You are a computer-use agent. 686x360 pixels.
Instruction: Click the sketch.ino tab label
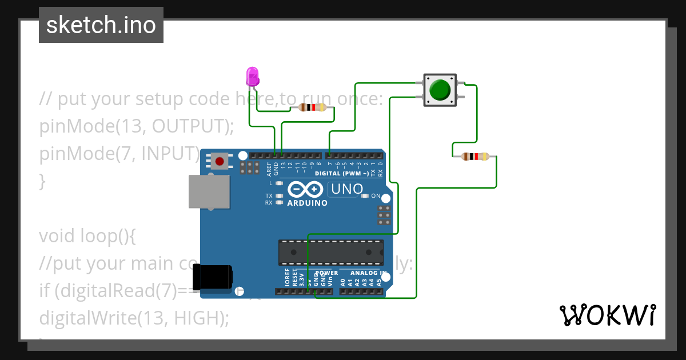(101, 25)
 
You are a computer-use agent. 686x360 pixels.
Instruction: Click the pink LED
(252, 77)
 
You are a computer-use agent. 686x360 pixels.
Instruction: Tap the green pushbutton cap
(440, 90)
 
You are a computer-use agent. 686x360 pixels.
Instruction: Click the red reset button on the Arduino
(219, 161)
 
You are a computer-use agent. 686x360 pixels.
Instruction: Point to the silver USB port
(209, 191)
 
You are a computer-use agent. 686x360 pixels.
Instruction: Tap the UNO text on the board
(345, 189)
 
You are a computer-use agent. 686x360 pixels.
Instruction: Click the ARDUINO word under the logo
(308, 203)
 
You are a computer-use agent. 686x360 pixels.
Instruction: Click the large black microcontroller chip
(331, 252)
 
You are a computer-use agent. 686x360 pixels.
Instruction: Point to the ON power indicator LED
(366, 195)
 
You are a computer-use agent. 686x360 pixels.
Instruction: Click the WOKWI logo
(607, 315)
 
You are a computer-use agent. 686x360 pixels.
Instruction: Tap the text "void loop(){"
(87, 235)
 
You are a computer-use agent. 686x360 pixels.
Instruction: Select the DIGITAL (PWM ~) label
(342, 173)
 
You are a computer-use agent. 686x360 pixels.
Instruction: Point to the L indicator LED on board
(279, 183)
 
